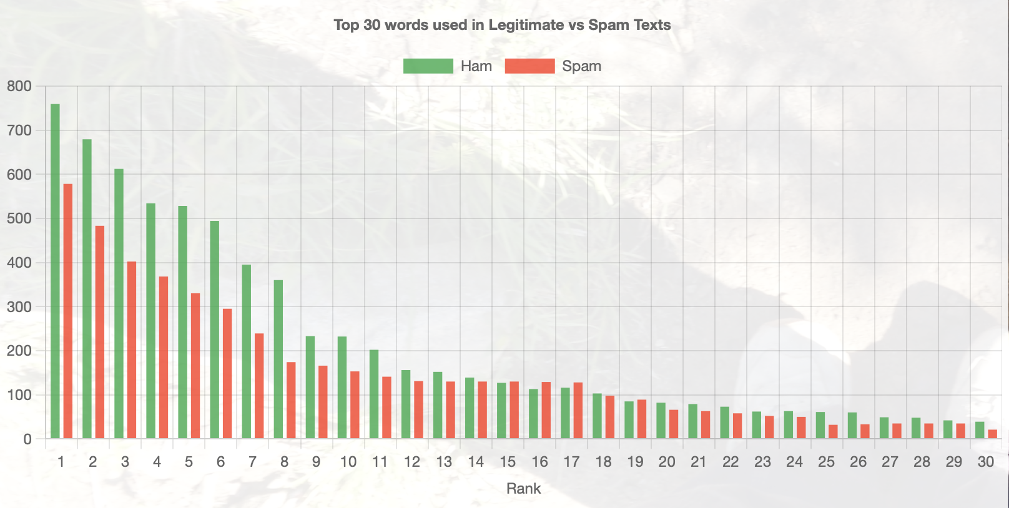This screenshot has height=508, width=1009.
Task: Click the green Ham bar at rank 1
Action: (55, 271)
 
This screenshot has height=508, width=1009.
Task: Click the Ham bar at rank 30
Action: (980, 431)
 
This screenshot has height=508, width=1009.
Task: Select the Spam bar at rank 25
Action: (833, 432)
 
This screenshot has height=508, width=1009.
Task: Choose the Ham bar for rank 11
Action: (374, 394)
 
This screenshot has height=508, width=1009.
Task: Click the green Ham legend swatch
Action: (428, 66)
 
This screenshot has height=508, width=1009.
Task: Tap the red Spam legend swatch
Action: (529, 66)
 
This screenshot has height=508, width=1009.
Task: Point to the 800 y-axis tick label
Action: (19, 87)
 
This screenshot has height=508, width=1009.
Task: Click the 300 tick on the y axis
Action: (19, 307)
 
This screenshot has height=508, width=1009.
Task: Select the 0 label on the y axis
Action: (27, 439)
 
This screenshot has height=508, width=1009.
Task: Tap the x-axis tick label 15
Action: (508, 462)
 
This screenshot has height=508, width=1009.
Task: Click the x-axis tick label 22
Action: (731, 462)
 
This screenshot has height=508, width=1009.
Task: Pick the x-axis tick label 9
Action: (316, 462)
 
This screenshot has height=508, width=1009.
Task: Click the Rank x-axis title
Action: (523, 489)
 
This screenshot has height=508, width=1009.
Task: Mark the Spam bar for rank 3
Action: (132, 350)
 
